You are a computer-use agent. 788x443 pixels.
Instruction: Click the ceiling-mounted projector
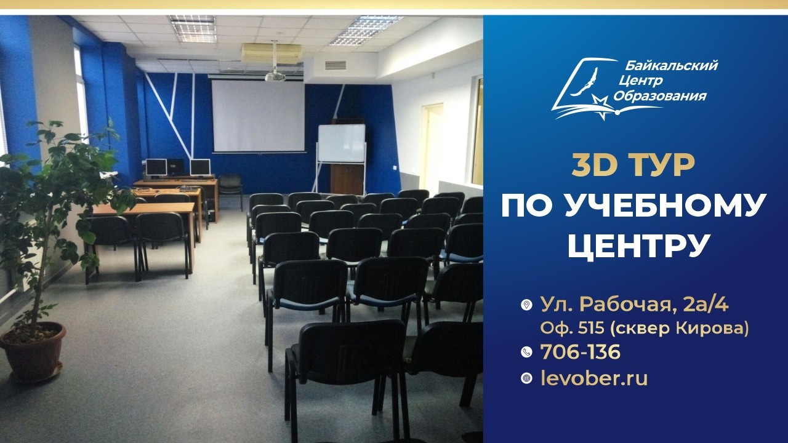tap(275, 76)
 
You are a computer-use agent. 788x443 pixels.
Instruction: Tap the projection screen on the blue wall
tap(258, 116)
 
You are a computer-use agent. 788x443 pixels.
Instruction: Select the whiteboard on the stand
tap(341, 143)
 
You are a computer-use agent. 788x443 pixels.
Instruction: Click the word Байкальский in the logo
tap(672, 66)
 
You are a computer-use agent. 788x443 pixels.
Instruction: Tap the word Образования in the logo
tap(659, 95)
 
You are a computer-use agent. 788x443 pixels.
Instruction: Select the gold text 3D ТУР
tap(633, 166)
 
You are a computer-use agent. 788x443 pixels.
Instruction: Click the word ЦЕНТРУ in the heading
tap(637, 245)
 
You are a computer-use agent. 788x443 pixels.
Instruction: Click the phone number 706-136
tap(581, 352)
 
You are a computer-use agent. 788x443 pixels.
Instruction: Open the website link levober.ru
tap(594, 378)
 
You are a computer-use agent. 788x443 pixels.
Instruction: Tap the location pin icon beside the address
tap(526, 305)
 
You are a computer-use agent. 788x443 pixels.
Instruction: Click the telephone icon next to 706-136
tap(526, 352)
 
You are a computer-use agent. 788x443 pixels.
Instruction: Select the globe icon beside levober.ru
tap(526, 378)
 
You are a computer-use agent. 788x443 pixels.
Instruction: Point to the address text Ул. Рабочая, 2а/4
tap(634, 305)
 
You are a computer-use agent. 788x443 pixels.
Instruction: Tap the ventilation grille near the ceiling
tap(336, 65)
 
